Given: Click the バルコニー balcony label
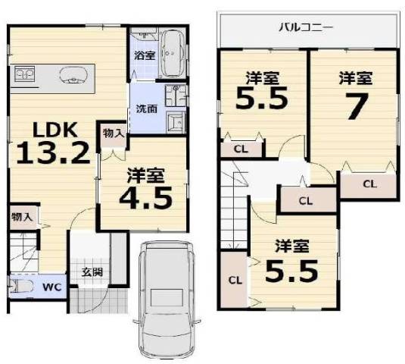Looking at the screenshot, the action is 306,27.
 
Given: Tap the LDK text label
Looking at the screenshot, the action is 55,130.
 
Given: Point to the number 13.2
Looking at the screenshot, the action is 53,154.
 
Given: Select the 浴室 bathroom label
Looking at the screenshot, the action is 145,55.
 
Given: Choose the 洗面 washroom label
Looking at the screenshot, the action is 146,109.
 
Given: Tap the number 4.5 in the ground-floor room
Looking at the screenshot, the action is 145,198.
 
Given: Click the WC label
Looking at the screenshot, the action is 51,287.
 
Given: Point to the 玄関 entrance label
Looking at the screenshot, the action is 92,272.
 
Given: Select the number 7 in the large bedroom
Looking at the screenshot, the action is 357,106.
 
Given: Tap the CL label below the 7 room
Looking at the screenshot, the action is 370,184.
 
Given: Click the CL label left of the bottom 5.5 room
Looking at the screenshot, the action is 235,280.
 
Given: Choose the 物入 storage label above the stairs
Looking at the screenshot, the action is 22,217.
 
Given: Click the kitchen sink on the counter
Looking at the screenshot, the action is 73,76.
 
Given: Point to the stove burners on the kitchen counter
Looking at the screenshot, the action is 24,74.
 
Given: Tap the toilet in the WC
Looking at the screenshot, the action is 20,287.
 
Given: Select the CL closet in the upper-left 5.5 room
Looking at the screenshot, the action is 241,149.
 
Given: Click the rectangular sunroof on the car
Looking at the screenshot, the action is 167,297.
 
